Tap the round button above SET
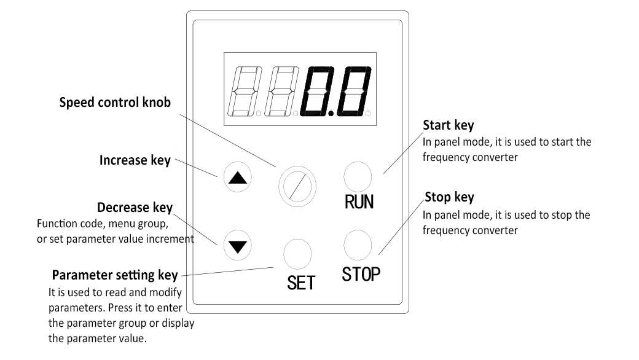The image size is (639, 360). click(297, 252)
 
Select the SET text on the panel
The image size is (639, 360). click(301, 282)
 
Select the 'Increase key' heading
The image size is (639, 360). click(135, 160)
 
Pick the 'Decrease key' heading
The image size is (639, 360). click(135, 207)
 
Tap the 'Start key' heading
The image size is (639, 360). click(449, 126)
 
